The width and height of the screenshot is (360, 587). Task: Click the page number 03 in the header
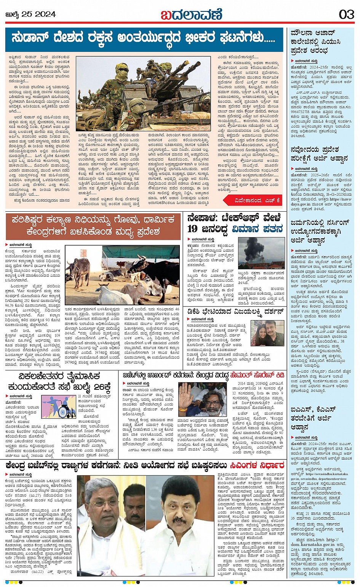[346, 14]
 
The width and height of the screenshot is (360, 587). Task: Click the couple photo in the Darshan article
[267, 333]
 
